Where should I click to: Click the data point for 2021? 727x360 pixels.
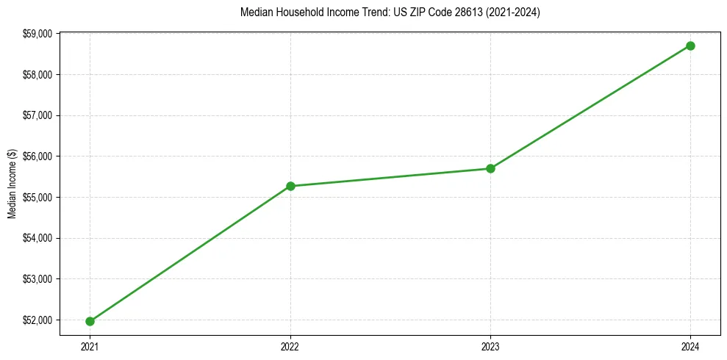coord(90,321)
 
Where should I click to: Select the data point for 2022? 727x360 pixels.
coord(290,186)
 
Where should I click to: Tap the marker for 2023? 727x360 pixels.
coord(490,168)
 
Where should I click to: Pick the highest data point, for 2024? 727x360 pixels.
coord(690,46)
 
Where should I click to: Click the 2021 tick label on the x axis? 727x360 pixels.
coord(90,346)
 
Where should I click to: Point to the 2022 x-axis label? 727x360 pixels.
coord(290,346)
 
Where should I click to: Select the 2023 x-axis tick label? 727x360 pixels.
coord(490,346)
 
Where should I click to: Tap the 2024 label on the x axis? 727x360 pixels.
coord(690,346)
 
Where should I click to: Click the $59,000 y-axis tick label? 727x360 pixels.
coord(38,34)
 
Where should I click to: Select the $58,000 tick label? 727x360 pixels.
coord(38,75)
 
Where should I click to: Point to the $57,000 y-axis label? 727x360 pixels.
coord(38,115)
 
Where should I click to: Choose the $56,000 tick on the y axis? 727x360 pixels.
coord(38,156)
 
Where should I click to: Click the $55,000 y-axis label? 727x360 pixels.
coord(38,198)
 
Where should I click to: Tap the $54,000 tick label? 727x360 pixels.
coord(38,238)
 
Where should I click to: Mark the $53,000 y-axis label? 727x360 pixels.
coord(38,279)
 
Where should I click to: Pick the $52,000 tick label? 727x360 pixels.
coord(38,320)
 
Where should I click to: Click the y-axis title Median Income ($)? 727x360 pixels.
coord(12,183)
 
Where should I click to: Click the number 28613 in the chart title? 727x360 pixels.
coord(462,12)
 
